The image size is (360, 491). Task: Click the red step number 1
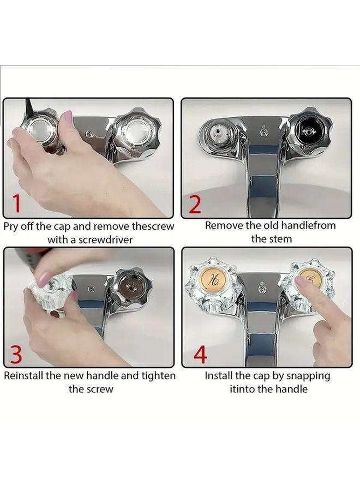pos(17,203)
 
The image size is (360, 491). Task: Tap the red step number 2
pos(195,205)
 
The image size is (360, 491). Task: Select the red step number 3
pos(16,354)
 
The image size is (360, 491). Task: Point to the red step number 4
pos(200,355)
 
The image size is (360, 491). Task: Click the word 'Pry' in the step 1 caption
pos(11,227)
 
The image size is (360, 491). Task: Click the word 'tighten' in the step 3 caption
pos(158,376)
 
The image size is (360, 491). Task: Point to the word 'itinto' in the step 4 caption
pos(242,389)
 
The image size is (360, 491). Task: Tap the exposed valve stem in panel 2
pos(219,136)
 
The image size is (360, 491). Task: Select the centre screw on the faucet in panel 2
pos(263,133)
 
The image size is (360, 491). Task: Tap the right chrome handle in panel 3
pos(131,287)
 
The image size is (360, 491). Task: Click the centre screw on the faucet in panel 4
pos(263,288)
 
